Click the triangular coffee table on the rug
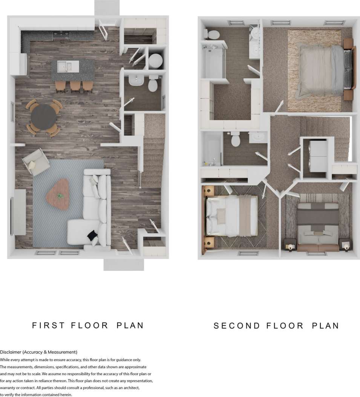pos(58,194)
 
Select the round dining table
pos(44,117)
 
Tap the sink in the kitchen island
pos(65,67)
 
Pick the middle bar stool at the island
pos(75,86)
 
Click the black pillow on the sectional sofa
pos(92,236)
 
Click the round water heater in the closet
pos(155,61)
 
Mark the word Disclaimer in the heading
pos(11,352)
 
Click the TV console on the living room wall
pos(20,212)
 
